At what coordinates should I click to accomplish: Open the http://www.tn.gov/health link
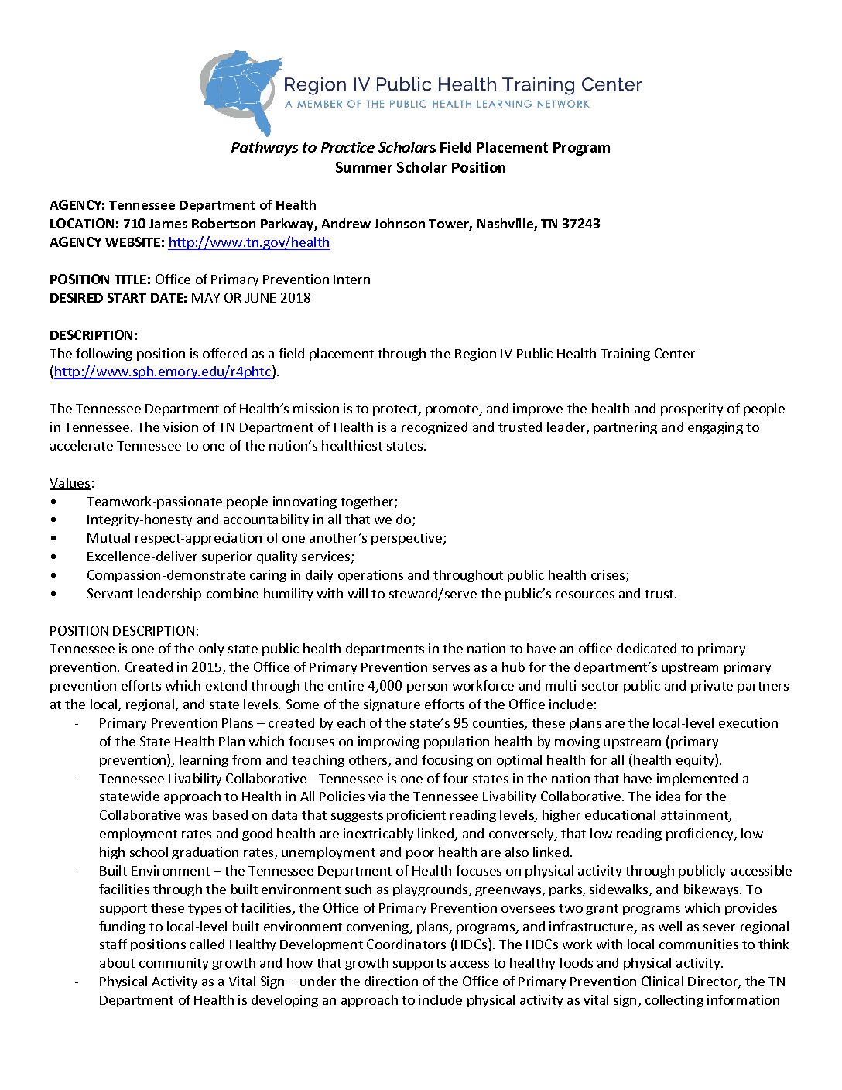click(248, 242)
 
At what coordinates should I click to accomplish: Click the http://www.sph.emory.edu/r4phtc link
click(163, 372)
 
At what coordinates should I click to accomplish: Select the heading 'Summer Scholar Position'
click(420, 168)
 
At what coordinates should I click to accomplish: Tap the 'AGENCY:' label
click(77, 205)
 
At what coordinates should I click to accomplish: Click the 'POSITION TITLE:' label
click(101, 279)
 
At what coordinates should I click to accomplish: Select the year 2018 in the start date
click(296, 298)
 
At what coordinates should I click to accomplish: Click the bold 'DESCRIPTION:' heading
click(94, 335)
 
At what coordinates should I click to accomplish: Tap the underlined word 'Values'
click(70, 483)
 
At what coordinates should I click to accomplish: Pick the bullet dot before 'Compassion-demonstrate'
click(53, 575)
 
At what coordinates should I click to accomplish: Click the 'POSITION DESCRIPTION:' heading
click(124, 631)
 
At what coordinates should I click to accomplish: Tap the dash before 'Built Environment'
click(77, 872)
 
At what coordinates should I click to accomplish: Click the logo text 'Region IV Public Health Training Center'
click(463, 84)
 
